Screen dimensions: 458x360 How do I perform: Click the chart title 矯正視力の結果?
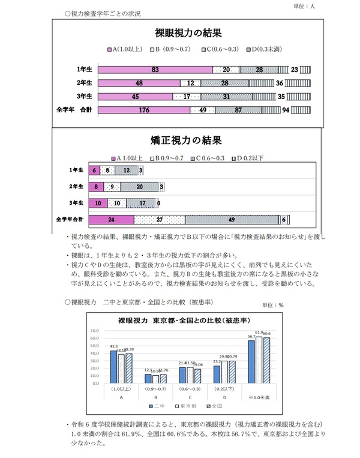181,141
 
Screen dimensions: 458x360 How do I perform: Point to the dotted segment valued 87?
239,110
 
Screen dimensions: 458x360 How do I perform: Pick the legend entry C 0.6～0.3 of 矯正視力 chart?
209,158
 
